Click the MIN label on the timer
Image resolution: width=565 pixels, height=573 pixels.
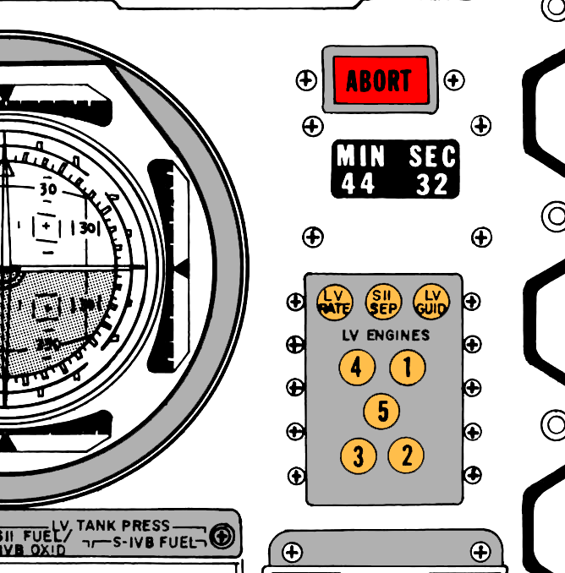360,156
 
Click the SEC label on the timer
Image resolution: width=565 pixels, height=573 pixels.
432,156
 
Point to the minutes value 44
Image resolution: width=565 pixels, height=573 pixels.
358,183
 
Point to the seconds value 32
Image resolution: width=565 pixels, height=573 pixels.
431,184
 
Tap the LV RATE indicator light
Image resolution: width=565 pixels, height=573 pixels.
334,302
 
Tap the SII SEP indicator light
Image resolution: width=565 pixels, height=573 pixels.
383,302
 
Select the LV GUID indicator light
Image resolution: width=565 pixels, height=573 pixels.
432,302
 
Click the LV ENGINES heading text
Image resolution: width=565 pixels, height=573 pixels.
385,335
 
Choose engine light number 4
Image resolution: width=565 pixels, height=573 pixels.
357,368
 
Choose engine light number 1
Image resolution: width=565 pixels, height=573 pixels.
408,368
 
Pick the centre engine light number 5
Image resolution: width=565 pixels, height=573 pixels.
382,412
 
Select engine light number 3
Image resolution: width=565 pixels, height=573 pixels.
359,456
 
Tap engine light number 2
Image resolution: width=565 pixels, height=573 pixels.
407,456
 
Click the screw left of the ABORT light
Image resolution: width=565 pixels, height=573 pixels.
306,80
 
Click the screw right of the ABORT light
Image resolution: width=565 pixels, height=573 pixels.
454,80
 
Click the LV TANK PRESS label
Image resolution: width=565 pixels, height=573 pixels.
122,526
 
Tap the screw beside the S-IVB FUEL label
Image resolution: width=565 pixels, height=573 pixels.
222,536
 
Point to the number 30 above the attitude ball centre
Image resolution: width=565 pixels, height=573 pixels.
48,189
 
